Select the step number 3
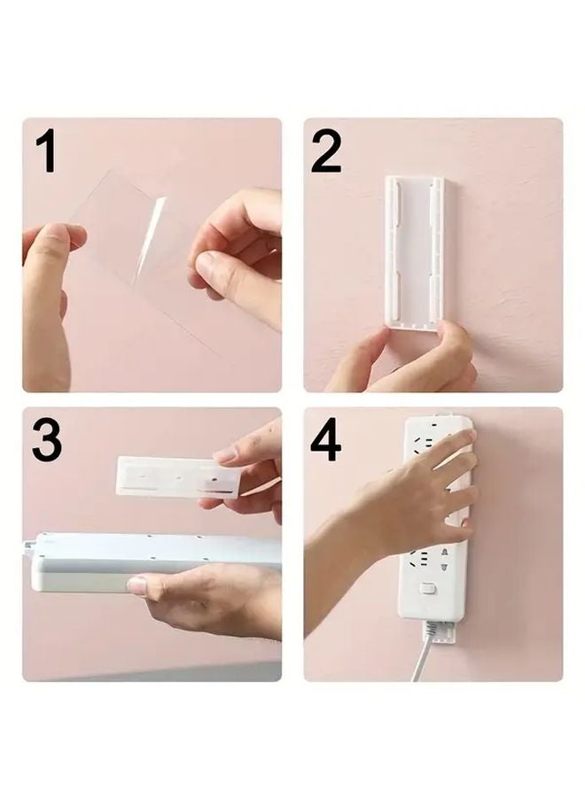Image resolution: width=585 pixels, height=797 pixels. click(x=47, y=440)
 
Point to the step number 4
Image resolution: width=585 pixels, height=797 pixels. click(x=326, y=440)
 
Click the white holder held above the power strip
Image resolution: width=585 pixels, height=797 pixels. click(x=177, y=476)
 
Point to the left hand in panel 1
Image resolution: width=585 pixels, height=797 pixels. click(x=49, y=283)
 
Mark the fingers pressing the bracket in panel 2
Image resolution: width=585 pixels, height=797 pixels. click(x=417, y=354)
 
